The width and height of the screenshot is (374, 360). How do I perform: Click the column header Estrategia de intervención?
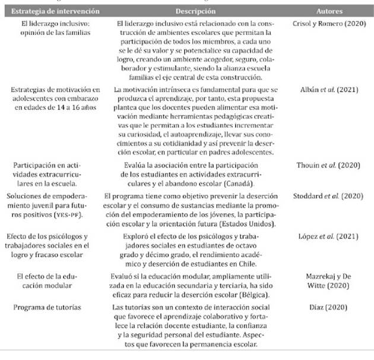click(52, 11)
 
